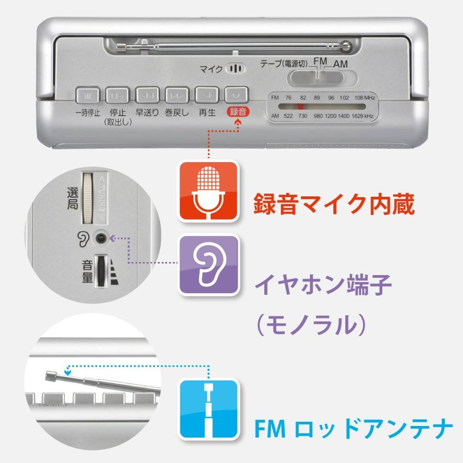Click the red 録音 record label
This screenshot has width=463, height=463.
[x=238, y=112]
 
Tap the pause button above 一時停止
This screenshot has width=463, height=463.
[x=88, y=95]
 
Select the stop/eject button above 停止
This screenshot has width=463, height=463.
[x=118, y=95]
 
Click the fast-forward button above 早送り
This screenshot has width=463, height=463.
[x=147, y=95]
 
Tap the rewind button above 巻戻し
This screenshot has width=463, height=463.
[x=177, y=95]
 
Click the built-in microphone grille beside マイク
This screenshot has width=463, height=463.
[x=236, y=69]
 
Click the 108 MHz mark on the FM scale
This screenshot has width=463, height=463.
[x=365, y=98]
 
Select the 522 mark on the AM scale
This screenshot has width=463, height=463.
[x=288, y=116]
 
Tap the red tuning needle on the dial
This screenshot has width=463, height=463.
[x=300, y=106]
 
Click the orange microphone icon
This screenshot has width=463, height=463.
[x=208, y=191]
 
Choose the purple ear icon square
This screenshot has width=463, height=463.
[x=208, y=265]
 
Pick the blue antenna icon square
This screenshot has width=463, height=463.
[x=208, y=409]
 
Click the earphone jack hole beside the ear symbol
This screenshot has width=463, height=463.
[x=100, y=238]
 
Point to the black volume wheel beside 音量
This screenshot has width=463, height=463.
[x=101, y=271]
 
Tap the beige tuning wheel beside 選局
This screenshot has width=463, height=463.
[x=88, y=198]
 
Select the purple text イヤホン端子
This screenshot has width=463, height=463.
[x=323, y=285]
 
